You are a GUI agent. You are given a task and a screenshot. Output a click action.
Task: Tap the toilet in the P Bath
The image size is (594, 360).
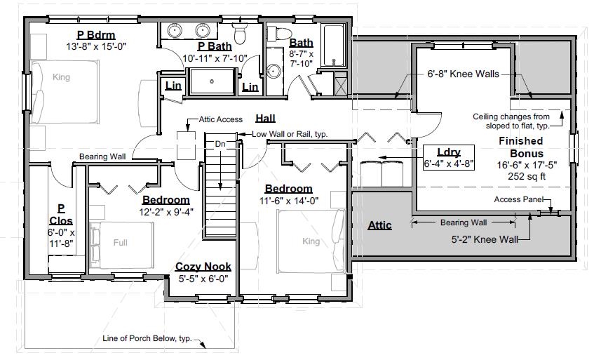[240, 33]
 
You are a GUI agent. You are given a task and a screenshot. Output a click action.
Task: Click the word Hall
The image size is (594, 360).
[265, 117]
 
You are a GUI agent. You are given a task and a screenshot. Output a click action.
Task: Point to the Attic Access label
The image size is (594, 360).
[220, 119]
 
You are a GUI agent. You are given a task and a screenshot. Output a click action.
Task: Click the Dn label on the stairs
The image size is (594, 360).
[219, 144]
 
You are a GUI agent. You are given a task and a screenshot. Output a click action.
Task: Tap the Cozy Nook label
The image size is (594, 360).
[203, 267]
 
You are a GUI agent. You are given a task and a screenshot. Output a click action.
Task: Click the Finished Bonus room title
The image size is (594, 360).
[521, 147]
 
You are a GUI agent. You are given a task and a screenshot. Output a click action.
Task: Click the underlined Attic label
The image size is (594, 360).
[379, 225]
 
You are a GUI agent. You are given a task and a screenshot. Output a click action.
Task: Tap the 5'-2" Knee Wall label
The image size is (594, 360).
[485, 239]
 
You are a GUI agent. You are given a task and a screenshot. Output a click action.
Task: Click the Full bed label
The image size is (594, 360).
[121, 243]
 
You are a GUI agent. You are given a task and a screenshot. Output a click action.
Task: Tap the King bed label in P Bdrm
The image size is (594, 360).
[62, 77]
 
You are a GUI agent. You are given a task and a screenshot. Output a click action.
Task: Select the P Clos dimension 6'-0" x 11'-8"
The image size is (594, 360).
[61, 238]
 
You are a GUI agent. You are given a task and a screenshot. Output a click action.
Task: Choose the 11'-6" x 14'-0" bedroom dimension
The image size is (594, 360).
[288, 200]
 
